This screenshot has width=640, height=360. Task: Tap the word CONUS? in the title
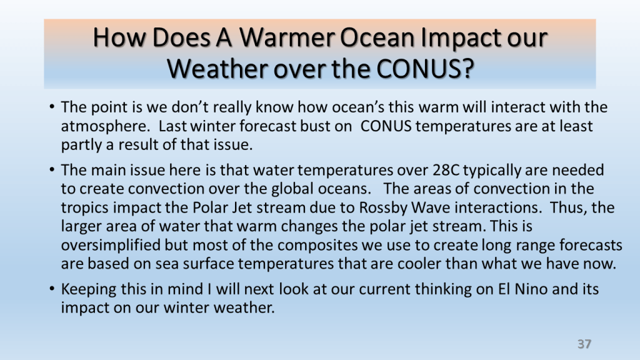pyautogui.click(x=424, y=69)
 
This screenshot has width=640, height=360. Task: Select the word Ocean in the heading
pyautogui.click(x=377, y=37)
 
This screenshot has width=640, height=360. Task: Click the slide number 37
pyautogui.click(x=584, y=344)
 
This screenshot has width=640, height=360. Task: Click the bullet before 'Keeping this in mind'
pyautogui.click(x=52, y=289)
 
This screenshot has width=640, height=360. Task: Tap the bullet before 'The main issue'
pyautogui.click(x=52, y=169)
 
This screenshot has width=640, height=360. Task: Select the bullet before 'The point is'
pyautogui.click(x=52, y=107)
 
